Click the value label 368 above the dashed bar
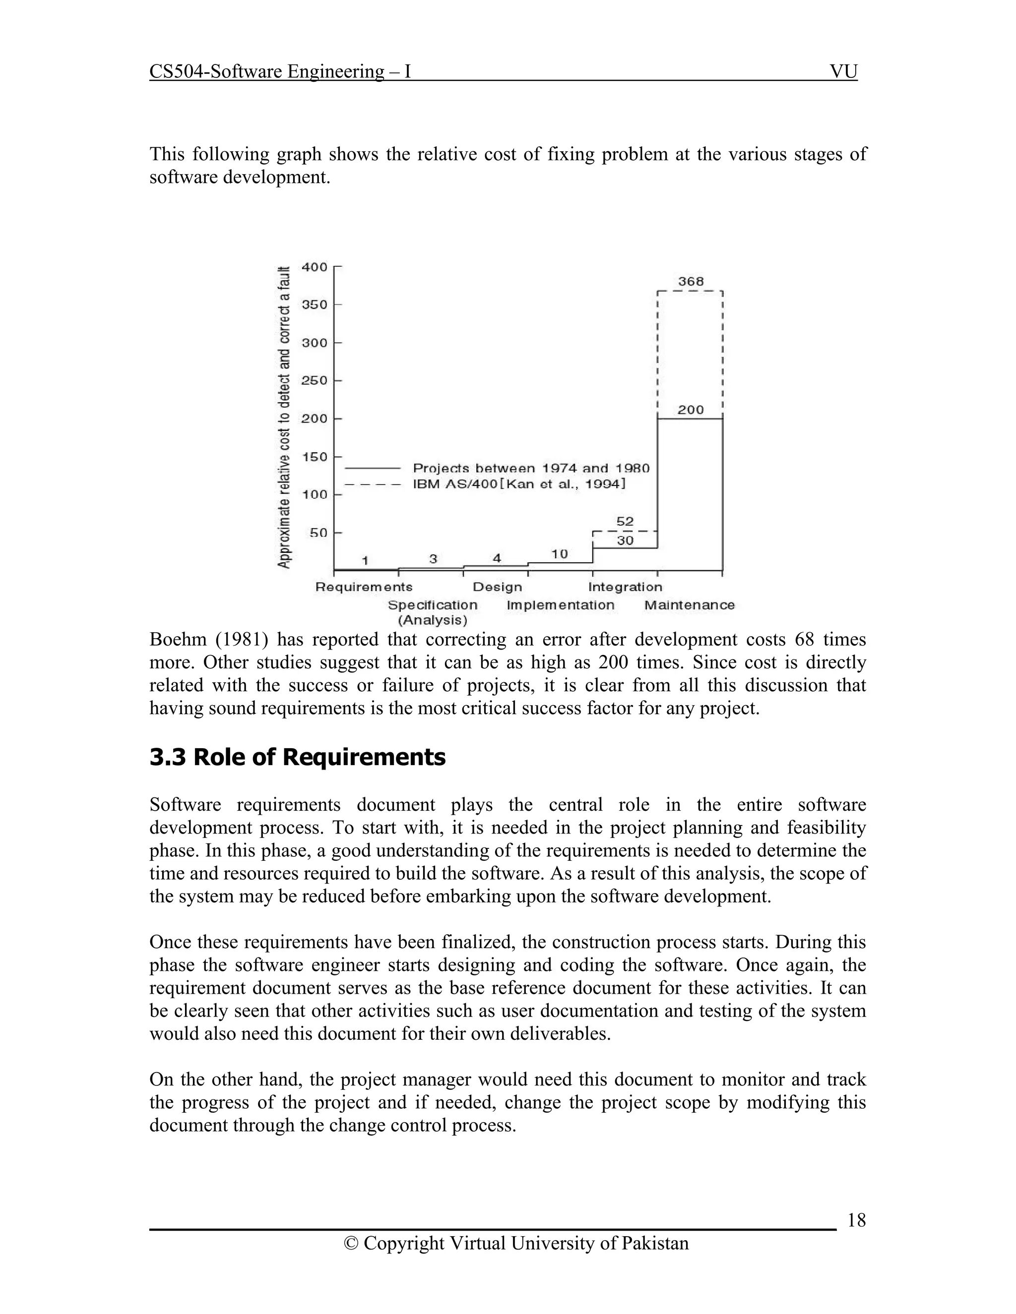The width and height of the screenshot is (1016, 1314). pos(691,281)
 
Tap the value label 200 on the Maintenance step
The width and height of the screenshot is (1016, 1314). pos(691,410)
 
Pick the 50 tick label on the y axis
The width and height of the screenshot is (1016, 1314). pos(318,533)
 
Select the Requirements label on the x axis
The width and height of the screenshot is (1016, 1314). pos(364,587)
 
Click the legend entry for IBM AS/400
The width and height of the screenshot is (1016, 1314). pos(519,484)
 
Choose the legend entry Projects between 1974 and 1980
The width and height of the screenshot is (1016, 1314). pos(531,468)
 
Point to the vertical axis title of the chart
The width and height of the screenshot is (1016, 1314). pos(284,417)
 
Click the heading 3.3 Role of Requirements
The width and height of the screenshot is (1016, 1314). pos(297,757)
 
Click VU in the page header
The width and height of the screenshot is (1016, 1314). pos(843,71)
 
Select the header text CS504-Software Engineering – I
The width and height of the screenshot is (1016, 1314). pos(280,71)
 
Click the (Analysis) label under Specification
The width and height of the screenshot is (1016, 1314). pos(432,620)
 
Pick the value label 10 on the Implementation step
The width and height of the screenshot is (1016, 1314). pos(560,553)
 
